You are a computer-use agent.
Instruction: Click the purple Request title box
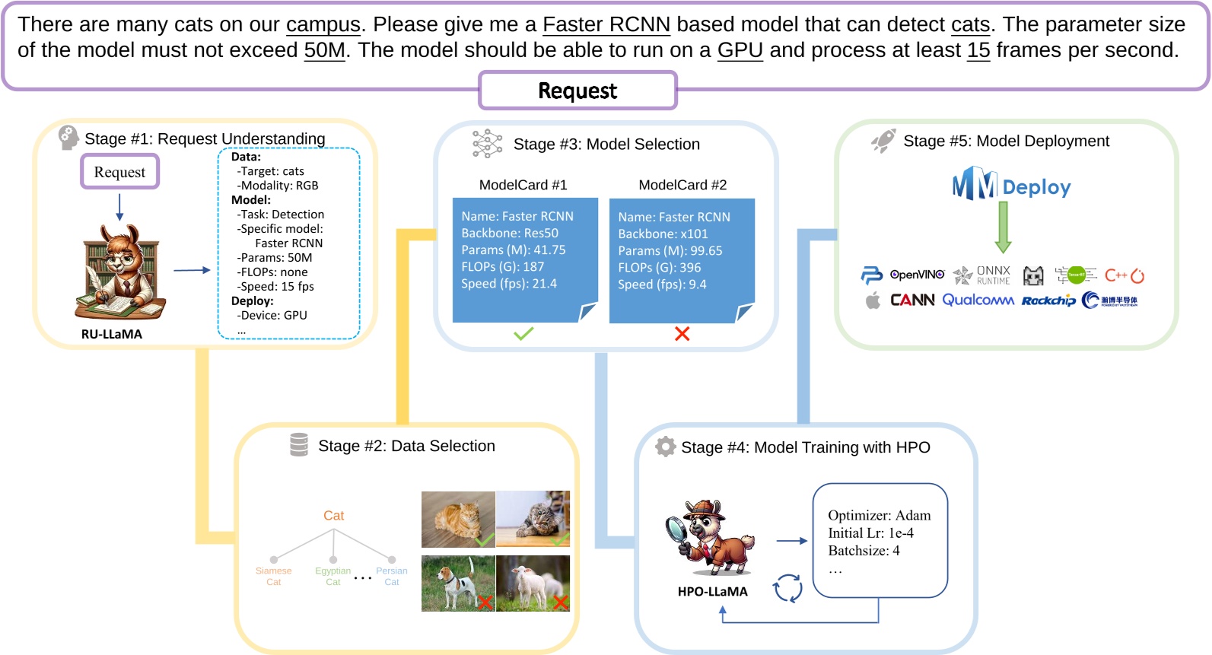tap(577, 91)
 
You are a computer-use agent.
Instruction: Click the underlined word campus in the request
tap(323, 25)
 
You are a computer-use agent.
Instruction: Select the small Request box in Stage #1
tap(119, 172)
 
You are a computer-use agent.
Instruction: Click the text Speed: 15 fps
tap(275, 287)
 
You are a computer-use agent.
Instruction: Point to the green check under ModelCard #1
tap(523, 333)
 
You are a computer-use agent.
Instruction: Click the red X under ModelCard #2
tap(682, 334)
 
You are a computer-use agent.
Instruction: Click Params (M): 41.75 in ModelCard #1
tap(513, 250)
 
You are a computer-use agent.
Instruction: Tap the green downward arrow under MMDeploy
tap(1003, 228)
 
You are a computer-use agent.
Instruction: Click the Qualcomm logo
tap(978, 300)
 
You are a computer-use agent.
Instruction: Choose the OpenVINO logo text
tap(917, 275)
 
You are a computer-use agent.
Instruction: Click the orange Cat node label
tap(333, 516)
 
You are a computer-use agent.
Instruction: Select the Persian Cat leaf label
tap(391, 577)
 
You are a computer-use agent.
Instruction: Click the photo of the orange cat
tap(458, 519)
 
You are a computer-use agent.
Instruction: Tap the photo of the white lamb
tap(533, 583)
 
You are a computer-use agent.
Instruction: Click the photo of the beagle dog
tap(458, 583)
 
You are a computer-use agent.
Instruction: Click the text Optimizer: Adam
tap(879, 516)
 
